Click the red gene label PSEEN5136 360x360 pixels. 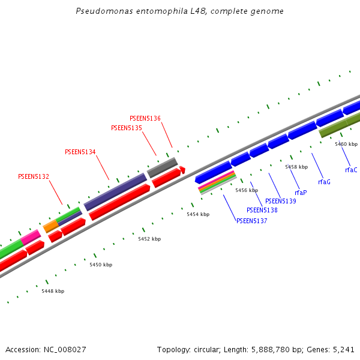[x=145, y=118]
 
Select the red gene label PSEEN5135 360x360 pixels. [x=127, y=128]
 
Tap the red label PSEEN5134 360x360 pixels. [x=80, y=152]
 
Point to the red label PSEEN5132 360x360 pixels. [x=34, y=176]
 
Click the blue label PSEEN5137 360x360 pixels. [x=252, y=221]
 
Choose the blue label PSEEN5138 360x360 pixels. [x=262, y=210]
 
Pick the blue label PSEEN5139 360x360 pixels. [x=281, y=201]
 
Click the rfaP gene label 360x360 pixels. [x=301, y=193]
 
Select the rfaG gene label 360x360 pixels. [x=324, y=182]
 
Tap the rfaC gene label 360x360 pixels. [x=351, y=170]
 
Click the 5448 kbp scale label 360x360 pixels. [x=53, y=291]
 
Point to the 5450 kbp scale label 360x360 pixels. [x=101, y=265]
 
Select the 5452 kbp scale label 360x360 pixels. [x=149, y=239]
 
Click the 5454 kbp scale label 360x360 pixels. [x=198, y=214]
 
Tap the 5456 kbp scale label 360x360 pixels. [x=247, y=190]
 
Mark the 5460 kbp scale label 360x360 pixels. [x=346, y=144]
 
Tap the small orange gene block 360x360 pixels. [x=51, y=226]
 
